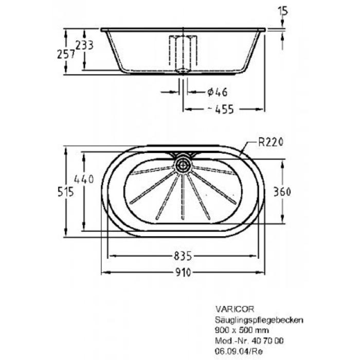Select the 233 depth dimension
point(84,45)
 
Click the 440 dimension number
point(83,179)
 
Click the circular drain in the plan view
point(183,165)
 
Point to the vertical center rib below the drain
point(182,198)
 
